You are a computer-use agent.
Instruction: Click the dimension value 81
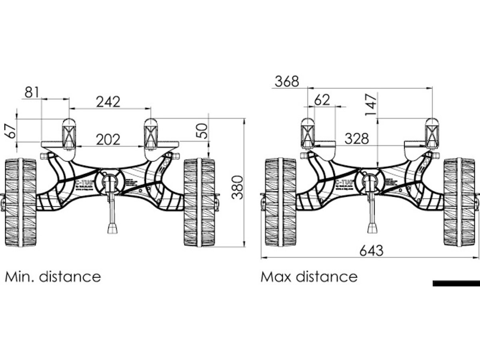[x=32, y=92]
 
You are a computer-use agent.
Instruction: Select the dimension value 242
[x=108, y=102]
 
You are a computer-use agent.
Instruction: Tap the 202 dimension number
[x=108, y=140]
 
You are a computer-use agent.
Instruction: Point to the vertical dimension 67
[x=12, y=130]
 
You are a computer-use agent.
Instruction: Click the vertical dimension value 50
[x=204, y=131]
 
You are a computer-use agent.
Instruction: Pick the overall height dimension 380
[x=238, y=187]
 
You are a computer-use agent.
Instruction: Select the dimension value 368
[x=287, y=81]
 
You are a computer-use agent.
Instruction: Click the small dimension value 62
[x=322, y=100]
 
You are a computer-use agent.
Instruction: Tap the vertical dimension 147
[x=372, y=104]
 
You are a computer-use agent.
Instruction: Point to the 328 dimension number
[x=356, y=139]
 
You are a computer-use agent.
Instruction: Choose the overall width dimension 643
[x=371, y=251]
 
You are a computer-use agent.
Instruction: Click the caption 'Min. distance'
[x=53, y=276]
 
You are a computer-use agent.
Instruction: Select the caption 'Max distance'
[x=309, y=276]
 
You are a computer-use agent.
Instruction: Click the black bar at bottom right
[x=456, y=284]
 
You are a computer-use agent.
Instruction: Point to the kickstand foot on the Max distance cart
[x=372, y=228]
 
